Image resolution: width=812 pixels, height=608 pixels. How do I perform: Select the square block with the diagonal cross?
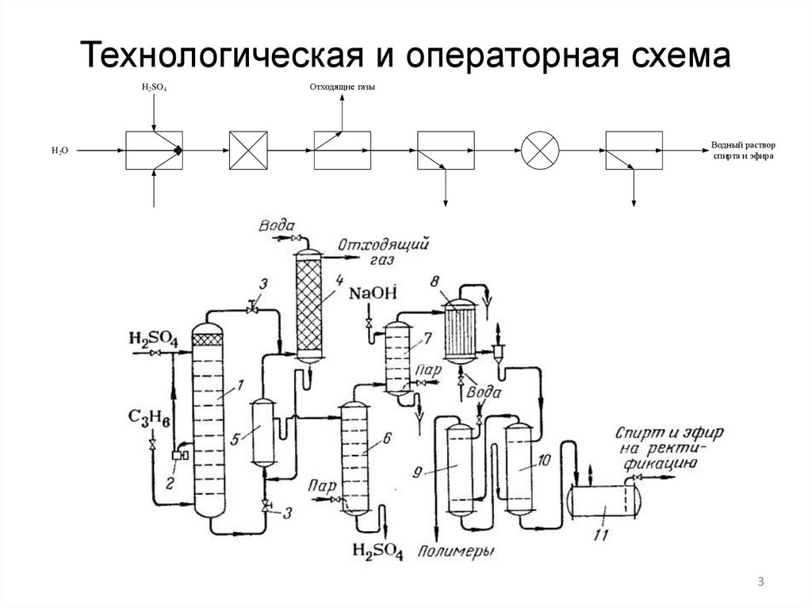[x=250, y=149]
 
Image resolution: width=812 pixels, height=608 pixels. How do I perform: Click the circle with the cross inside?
[x=541, y=149]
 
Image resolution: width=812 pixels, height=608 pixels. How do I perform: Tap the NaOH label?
[x=371, y=295]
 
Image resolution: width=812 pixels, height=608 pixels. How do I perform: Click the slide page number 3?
[x=760, y=583]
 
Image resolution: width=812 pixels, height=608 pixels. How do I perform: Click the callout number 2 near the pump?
[x=170, y=480]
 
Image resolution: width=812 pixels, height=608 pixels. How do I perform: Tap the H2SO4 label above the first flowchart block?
[x=154, y=86]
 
